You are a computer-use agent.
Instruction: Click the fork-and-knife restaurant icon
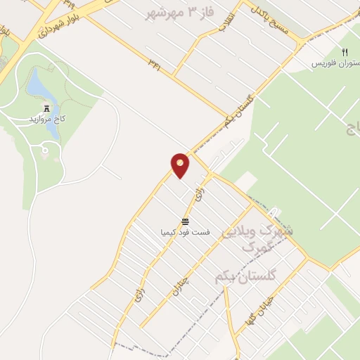point(345,53)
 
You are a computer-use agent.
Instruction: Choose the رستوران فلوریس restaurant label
point(336,63)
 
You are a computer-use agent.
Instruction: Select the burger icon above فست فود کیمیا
point(185,221)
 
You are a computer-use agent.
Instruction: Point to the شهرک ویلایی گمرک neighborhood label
point(257,238)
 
